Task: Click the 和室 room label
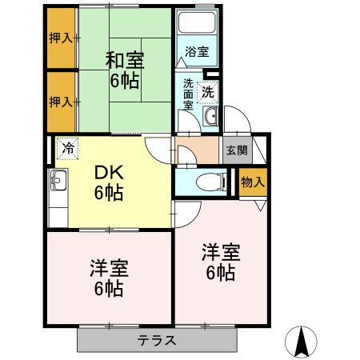tap(123, 58)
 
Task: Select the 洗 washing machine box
tap(208, 91)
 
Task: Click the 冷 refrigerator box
tap(69, 149)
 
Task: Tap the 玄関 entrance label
tap(237, 150)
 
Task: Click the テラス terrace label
tap(156, 339)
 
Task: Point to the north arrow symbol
tap(302, 342)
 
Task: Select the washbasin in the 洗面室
tap(210, 119)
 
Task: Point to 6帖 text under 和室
tap(123, 80)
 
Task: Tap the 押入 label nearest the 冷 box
tap(60, 102)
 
